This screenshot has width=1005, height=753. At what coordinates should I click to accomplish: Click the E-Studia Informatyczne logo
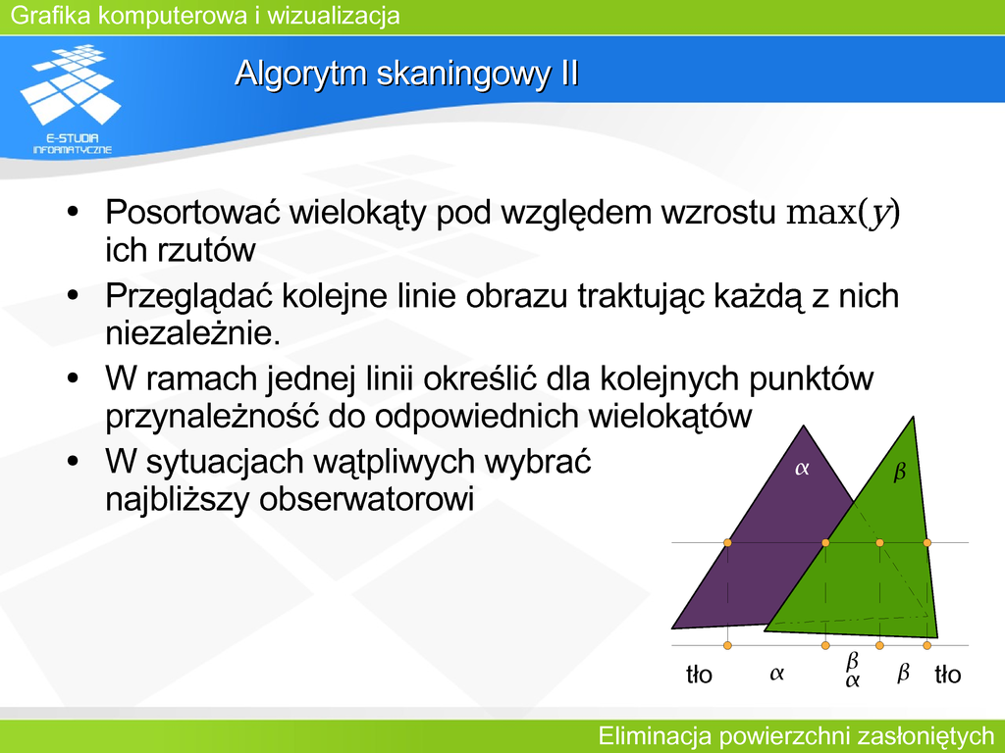click(71, 99)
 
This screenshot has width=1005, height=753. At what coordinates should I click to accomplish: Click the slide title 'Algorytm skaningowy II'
click(407, 74)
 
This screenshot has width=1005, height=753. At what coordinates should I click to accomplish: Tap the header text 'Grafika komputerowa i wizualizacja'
click(205, 16)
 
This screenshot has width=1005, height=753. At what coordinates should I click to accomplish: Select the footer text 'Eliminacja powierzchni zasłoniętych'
click(795, 736)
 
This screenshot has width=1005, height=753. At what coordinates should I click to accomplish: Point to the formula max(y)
click(843, 213)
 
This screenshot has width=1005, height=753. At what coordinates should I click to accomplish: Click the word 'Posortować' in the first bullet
click(192, 212)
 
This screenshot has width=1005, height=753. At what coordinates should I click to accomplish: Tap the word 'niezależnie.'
click(193, 333)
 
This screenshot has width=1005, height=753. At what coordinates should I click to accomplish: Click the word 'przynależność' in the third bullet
click(212, 417)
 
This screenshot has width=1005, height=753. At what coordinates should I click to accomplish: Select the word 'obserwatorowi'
click(366, 499)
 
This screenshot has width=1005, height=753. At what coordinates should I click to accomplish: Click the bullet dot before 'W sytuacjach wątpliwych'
click(73, 461)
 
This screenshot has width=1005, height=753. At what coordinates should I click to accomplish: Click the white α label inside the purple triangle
click(802, 469)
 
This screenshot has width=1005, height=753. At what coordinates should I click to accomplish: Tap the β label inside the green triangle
click(900, 473)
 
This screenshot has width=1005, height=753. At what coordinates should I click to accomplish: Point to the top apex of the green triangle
click(913, 417)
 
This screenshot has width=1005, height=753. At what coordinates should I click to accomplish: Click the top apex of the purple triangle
click(803, 426)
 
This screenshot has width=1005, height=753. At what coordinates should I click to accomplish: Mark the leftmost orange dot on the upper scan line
click(727, 543)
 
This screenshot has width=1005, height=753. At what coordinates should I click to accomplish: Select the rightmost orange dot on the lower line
click(926, 645)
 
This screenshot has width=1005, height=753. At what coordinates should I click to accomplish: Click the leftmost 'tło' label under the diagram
click(699, 675)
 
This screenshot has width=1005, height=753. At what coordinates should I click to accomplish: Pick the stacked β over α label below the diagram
click(852, 670)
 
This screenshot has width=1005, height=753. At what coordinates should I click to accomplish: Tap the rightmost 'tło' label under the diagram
click(947, 675)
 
